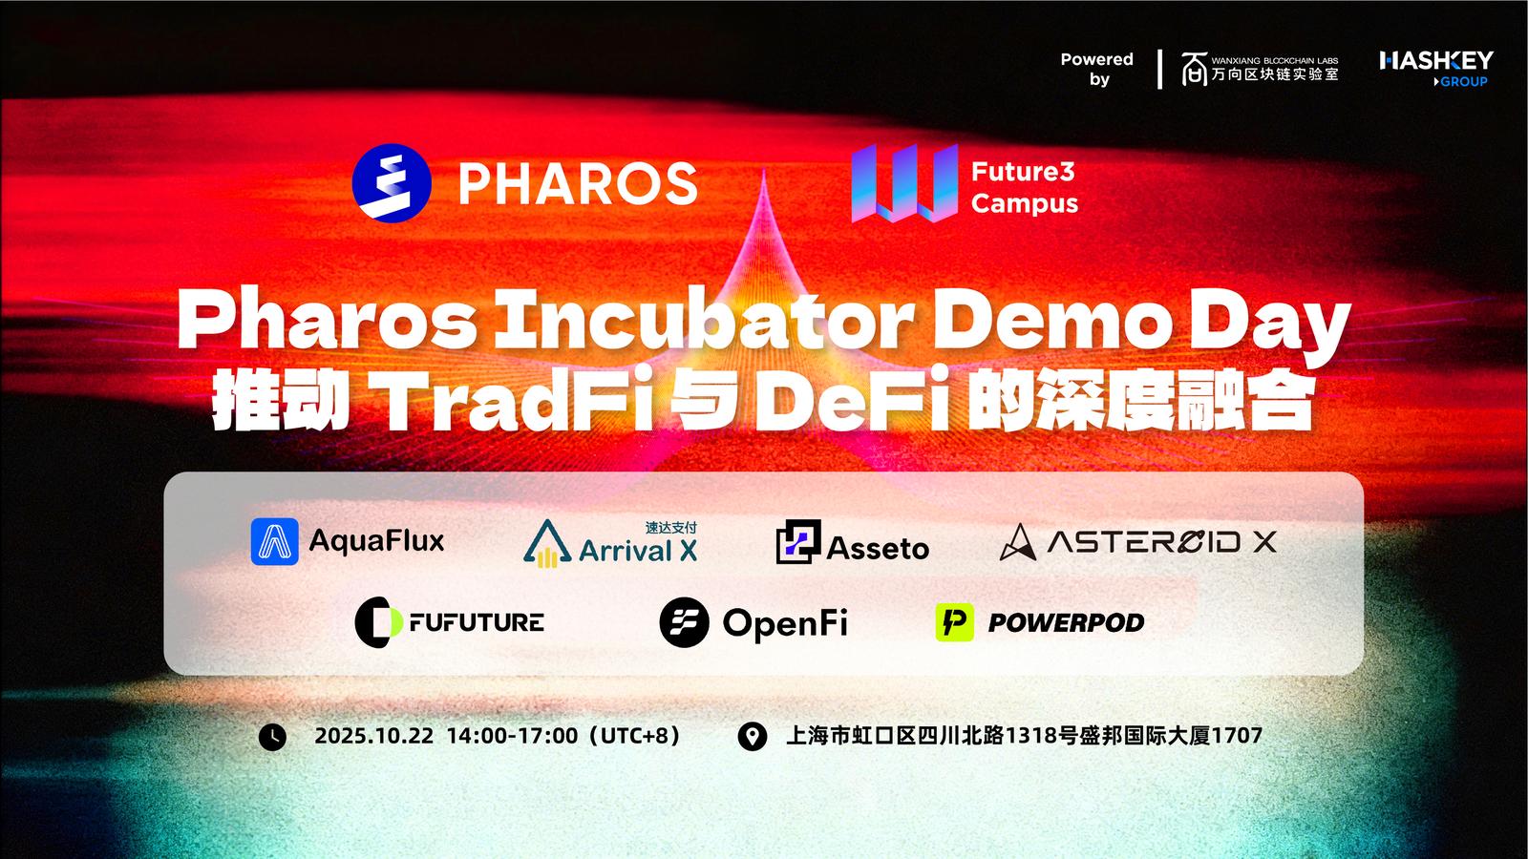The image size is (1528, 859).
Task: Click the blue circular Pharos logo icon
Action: [x=392, y=182]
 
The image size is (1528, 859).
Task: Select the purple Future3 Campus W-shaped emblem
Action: [x=904, y=182]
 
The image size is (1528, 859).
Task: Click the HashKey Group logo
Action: [x=1436, y=69]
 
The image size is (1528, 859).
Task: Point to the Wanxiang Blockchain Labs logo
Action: [x=1260, y=69]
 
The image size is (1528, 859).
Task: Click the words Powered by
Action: [x=1097, y=69]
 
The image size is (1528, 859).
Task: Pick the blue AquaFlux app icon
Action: [x=275, y=541]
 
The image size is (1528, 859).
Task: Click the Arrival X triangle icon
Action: [x=547, y=543]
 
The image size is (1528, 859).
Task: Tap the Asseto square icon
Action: [x=798, y=541]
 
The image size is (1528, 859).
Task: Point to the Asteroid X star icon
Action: [x=1018, y=543]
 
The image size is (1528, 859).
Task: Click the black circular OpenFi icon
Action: [x=684, y=621]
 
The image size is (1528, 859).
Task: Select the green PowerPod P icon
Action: [x=954, y=621]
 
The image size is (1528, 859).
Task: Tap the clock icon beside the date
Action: [x=272, y=737]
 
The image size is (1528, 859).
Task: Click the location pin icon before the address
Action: [x=753, y=737]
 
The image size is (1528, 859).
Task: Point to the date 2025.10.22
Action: [x=373, y=736]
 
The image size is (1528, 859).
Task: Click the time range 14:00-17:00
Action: [x=512, y=736]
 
